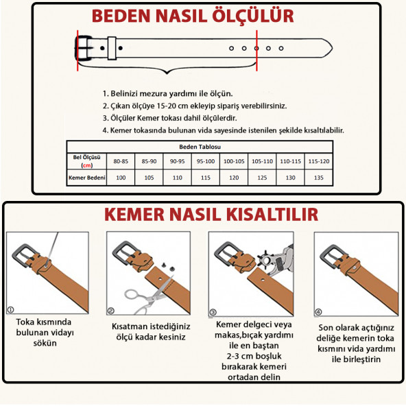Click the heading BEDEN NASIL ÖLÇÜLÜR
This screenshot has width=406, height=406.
pyautogui.click(x=193, y=15)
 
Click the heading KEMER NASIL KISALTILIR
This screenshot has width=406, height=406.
pyautogui.click(x=211, y=215)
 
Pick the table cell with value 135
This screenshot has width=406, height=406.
pyautogui.click(x=318, y=177)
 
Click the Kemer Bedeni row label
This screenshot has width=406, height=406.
pyautogui.click(x=86, y=177)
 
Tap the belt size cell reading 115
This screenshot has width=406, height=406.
pyautogui.click(x=205, y=177)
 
